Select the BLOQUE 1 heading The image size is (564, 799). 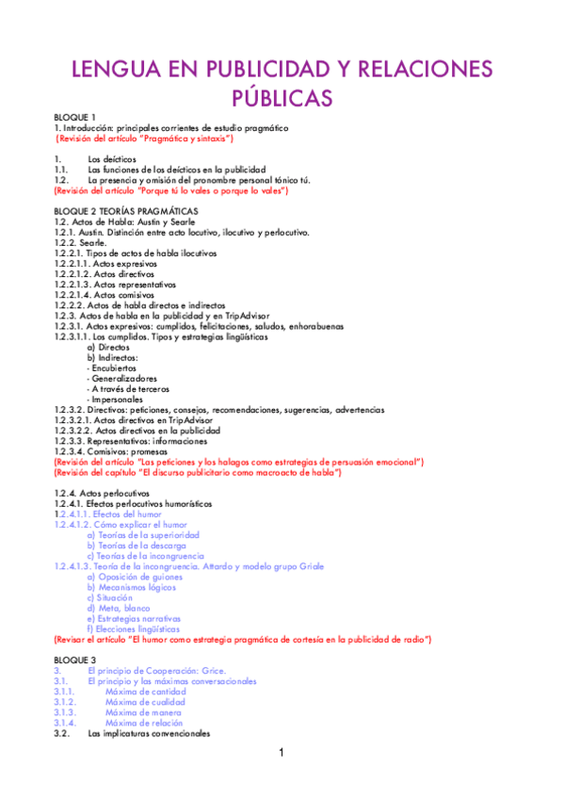[x=75, y=117]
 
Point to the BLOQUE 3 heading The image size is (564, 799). [x=75, y=659]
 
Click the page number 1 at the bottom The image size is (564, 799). [x=281, y=753]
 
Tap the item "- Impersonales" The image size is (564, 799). [x=115, y=399]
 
